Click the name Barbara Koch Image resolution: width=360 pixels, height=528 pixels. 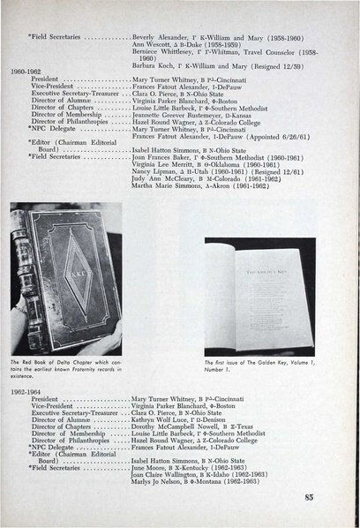tap(149, 51)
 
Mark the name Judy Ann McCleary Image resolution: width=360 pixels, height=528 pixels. tap(161, 200)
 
